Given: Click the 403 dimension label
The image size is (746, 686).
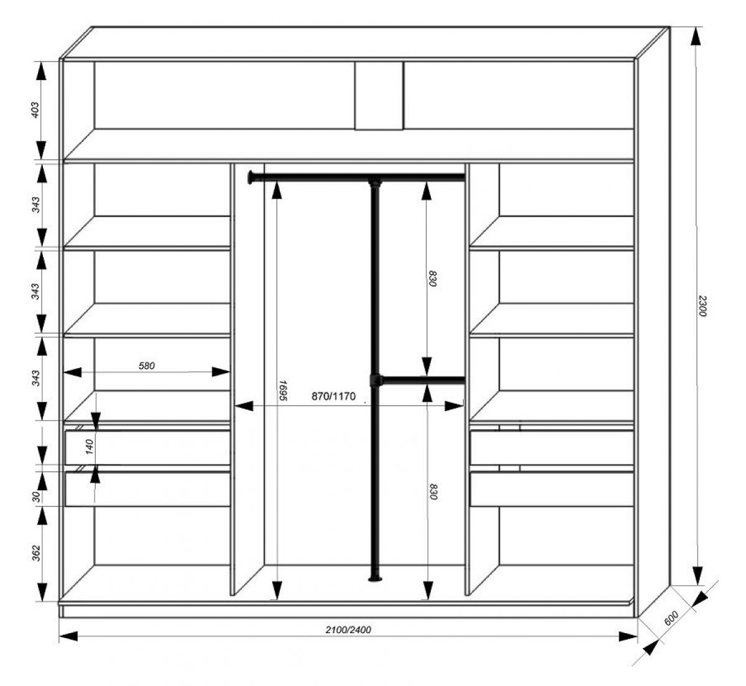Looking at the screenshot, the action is [x=34, y=110].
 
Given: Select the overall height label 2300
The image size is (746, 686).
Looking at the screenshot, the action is [x=701, y=306].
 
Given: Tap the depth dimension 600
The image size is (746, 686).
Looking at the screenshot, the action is [x=671, y=618].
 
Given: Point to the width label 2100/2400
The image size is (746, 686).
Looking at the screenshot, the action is [x=348, y=630].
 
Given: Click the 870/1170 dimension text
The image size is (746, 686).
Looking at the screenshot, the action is [x=333, y=396].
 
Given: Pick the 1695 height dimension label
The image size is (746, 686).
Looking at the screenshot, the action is [x=283, y=390].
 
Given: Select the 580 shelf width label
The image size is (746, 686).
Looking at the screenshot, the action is [x=147, y=366].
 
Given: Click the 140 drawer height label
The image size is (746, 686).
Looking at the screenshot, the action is [x=90, y=447].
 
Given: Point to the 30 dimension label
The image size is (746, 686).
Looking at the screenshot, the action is [x=36, y=496].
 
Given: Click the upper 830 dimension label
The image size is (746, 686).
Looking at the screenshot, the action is [x=432, y=279].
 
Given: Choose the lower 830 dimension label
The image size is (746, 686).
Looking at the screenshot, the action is [x=432, y=491].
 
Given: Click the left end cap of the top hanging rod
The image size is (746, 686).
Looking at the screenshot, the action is [x=251, y=177].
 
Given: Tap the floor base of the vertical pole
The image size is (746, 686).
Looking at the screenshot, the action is [x=375, y=579].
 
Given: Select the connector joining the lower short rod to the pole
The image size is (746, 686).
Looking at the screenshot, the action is [x=375, y=381].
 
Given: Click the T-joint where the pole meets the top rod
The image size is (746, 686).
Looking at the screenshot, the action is [x=375, y=182].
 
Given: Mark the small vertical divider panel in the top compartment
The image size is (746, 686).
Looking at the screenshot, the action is [x=379, y=96].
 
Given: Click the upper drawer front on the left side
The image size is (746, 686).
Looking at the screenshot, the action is [x=147, y=447].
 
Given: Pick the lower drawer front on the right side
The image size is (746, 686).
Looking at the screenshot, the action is [x=552, y=489].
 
